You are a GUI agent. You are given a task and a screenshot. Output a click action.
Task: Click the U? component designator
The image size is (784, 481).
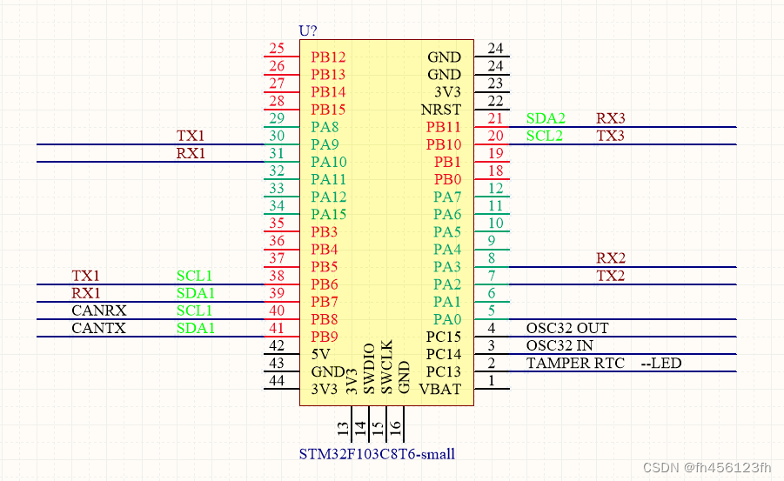click(308, 30)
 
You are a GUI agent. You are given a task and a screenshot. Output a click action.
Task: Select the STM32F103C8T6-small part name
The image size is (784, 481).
click(377, 454)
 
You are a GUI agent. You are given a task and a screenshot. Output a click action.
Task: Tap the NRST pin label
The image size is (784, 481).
click(441, 110)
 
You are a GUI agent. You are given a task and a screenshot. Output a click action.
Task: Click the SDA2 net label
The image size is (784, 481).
click(546, 118)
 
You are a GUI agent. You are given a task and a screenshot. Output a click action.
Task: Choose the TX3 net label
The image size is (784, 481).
click(610, 136)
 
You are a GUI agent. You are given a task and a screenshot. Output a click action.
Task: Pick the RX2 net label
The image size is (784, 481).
click(610, 258)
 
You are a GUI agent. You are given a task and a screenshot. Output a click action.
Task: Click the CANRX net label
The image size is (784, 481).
click(98, 311)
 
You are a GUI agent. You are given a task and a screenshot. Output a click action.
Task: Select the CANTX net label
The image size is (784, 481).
click(98, 328)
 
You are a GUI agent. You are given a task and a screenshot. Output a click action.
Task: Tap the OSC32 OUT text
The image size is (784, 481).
click(567, 328)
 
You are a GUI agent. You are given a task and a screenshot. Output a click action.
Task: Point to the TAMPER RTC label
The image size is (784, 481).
click(575, 363)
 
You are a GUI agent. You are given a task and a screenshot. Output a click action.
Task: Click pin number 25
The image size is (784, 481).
click(277, 49)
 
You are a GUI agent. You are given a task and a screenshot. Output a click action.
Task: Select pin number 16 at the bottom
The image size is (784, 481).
click(395, 428)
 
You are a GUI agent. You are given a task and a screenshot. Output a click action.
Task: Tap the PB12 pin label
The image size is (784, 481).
click(328, 57)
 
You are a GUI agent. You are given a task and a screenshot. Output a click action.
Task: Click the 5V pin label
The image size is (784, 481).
click(320, 354)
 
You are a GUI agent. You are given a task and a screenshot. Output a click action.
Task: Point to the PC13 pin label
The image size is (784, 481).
click(443, 371)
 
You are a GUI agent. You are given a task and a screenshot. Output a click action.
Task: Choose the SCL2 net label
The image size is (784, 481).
click(545, 136)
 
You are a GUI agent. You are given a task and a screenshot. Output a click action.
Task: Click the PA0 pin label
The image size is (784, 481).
click(447, 319)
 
